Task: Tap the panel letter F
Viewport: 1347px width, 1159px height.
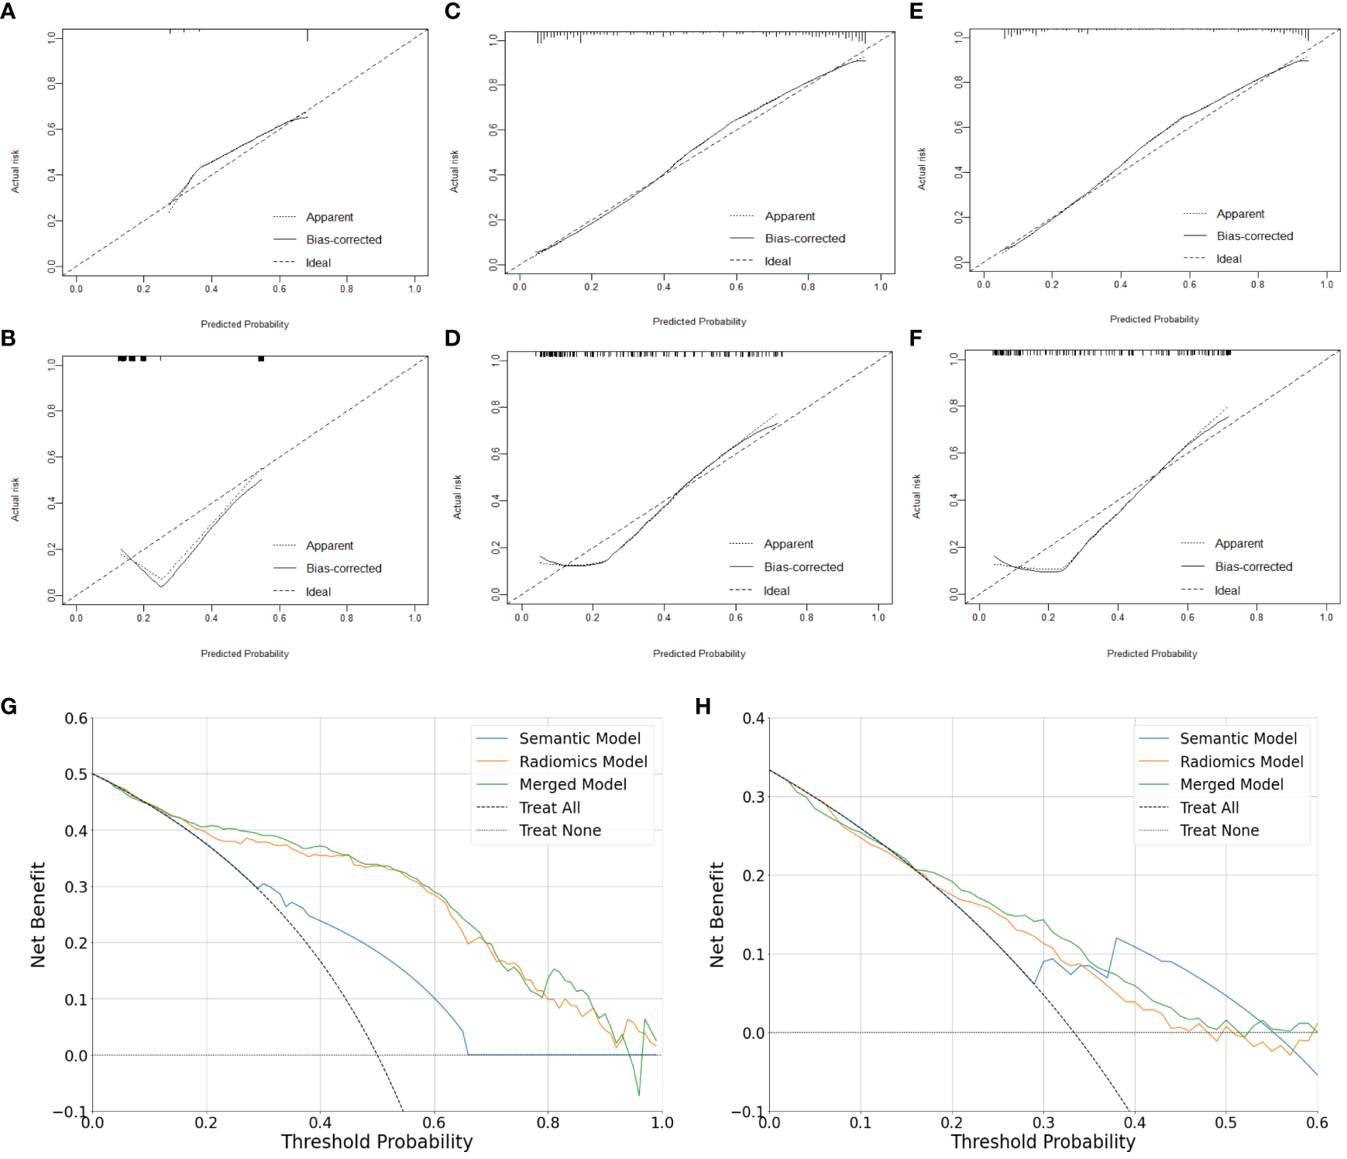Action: (x=916, y=338)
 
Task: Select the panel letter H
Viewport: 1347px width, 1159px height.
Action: (x=703, y=707)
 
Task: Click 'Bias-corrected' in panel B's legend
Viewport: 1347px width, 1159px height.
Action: (x=343, y=568)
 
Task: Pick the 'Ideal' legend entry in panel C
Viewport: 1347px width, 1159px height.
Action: (x=777, y=261)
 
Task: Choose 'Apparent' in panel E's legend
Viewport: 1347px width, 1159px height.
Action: (x=1239, y=214)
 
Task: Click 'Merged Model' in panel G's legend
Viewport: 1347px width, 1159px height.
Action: (x=572, y=784)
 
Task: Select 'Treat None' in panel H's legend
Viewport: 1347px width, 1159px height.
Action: (x=1218, y=831)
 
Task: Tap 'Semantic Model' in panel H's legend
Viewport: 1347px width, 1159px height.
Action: (x=1237, y=738)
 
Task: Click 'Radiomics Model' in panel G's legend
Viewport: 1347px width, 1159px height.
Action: (x=582, y=762)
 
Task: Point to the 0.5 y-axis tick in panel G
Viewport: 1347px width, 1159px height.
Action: (x=76, y=774)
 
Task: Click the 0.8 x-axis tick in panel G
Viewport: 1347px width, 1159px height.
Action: (x=548, y=1123)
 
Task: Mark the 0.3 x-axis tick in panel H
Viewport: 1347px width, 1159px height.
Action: (x=1043, y=1123)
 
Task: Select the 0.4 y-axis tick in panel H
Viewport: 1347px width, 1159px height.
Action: (x=753, y=718)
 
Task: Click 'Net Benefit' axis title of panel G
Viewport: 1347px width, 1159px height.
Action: (x=38, y=914)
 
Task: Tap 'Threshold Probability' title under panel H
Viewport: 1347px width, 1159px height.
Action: (x=1043, y=1142)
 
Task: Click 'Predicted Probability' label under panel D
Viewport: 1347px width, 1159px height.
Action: (x=699, y=654)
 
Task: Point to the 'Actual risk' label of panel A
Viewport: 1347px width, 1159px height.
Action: (x=15, y=171)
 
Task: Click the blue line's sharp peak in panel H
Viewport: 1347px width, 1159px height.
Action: (x=1116, y=938)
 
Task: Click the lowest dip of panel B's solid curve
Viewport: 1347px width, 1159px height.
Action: (x=161, y=586)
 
